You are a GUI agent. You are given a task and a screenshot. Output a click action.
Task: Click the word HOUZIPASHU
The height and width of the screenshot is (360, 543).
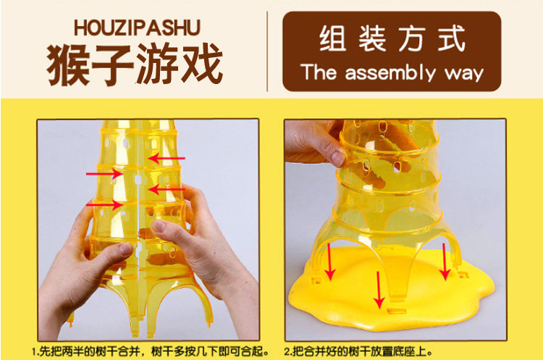pos(137,28)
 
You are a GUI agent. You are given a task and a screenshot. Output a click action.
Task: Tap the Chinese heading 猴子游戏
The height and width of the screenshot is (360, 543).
pos(135,64)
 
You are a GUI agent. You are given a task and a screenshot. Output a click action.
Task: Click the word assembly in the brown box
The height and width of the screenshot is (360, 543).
pos(390,73)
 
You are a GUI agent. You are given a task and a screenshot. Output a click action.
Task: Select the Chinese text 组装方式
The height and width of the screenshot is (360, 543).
pos(392,39)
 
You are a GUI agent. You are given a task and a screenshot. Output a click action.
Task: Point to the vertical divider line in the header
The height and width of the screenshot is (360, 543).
pos(267,51)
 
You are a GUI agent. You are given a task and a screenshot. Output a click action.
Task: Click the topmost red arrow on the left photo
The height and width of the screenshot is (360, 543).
pos(167,159)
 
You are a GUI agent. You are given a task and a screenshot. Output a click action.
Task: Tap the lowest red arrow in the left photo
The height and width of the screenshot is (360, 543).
pos(104,205)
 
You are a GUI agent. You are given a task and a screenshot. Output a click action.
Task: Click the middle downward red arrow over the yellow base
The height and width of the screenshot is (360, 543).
pos(379,290)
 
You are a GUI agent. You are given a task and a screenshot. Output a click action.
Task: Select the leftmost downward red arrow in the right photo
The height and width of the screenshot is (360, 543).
pos(329,261)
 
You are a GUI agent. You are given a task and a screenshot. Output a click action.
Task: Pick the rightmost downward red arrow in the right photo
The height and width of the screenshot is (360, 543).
pos(445,261)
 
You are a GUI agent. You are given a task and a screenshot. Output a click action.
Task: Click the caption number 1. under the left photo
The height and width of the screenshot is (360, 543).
pos(35,352)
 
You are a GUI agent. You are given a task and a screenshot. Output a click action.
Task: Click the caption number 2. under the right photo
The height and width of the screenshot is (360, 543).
pos(288,352)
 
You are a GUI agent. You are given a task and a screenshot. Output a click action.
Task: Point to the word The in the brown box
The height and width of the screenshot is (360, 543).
pos(319,72)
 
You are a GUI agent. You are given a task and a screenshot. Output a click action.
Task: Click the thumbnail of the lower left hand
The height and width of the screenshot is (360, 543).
pos(125,248)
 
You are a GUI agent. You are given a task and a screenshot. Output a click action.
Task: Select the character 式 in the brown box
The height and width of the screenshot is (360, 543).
pos(451,39)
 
